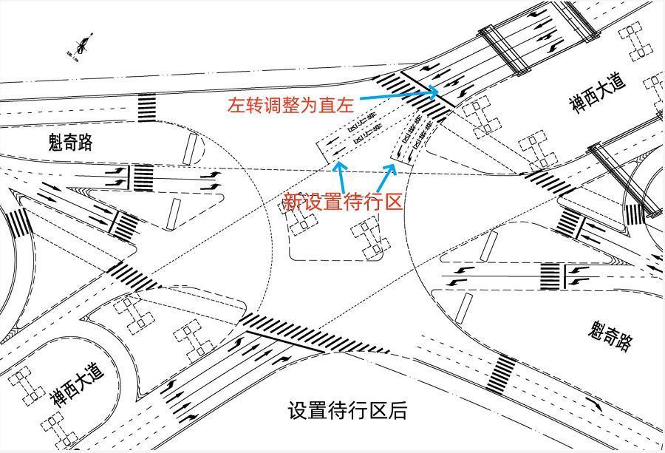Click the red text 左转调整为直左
click(291, 105)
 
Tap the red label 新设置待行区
click(344, 201)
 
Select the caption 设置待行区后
click(347, 411)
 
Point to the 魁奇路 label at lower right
click(612, 336)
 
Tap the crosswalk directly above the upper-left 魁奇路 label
click(147, 107)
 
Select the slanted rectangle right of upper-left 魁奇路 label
click(190, 149)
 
